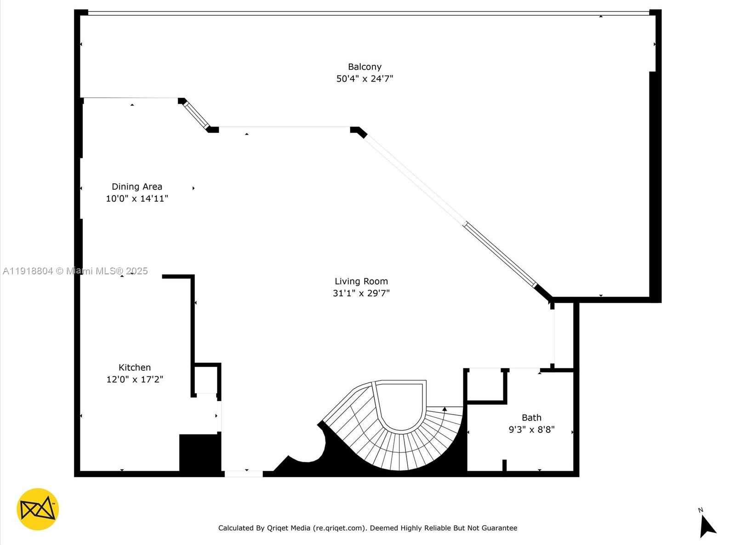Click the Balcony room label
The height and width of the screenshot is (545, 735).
click(x=365, y=67)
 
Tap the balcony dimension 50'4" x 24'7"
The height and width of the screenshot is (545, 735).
click(x=365, y=79)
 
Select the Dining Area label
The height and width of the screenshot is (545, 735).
click(x=137, y=187)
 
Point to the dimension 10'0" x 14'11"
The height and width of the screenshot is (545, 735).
click(x=137, y=199)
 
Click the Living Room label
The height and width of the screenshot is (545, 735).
click(x=361, y=281)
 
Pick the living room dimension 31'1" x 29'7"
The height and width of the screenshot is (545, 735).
click(x=361, y=293)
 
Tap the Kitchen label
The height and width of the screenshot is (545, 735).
click(x=135, y=367)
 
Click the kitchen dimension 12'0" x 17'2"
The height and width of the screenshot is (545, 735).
click(x=135, y=379)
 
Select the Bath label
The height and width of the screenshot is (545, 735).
click(x=531, y=418)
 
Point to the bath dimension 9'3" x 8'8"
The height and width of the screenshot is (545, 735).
click(x=531, y=430)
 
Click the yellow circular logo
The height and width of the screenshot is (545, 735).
click(x=38, y=509)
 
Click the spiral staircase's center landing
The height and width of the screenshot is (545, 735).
click(x=400, y=404)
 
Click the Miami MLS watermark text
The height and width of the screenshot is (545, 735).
click(x=75, y=271)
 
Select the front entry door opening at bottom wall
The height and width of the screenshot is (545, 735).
click(x=244, y=473)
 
